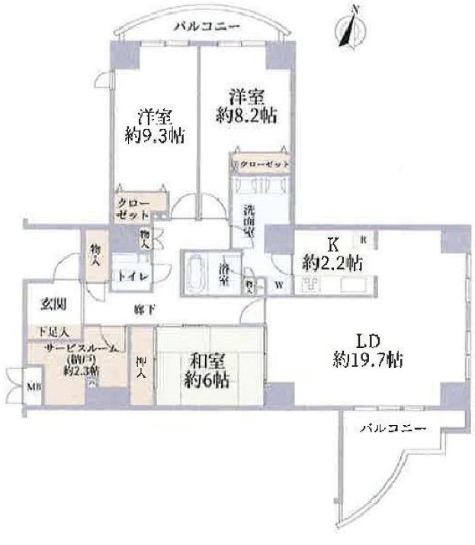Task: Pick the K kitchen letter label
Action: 332,245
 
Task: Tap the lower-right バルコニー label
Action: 392,428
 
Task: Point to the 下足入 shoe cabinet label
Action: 52,333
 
